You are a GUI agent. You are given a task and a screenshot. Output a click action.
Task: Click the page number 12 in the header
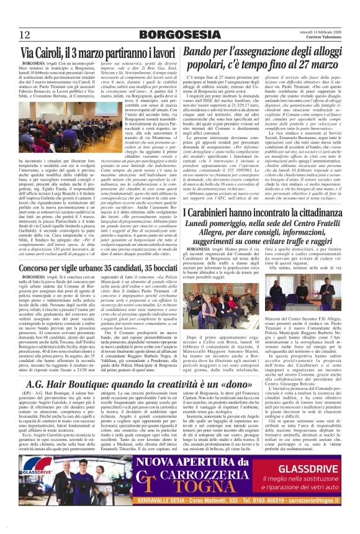coord(25,35)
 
